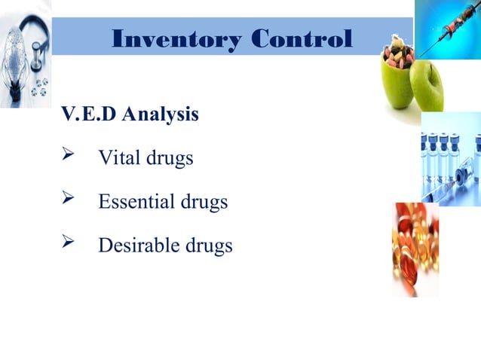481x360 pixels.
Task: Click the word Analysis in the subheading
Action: pos(161,115)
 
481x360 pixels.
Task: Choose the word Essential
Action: pos(136,202)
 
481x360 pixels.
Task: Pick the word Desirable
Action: pos(139,246)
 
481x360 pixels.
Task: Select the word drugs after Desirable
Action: pos(207,246)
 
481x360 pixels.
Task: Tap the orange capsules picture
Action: pos(415,249)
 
